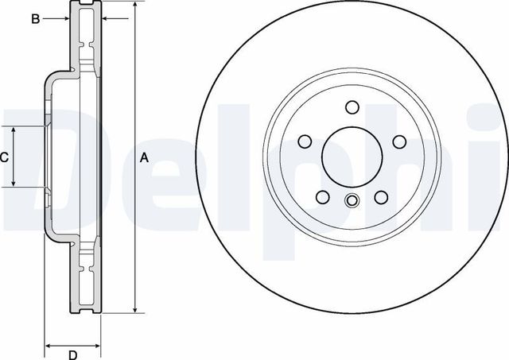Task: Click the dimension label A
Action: click(144, 158)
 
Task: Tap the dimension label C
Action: click(4, 157)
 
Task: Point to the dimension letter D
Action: click(72, 354)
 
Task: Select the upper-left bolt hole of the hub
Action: click(304, 141)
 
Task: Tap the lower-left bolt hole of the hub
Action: click(322, 197)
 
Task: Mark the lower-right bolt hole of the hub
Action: click(381, 197)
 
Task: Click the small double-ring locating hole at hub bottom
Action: click(352, 199)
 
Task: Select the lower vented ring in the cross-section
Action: click(87, 278)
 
